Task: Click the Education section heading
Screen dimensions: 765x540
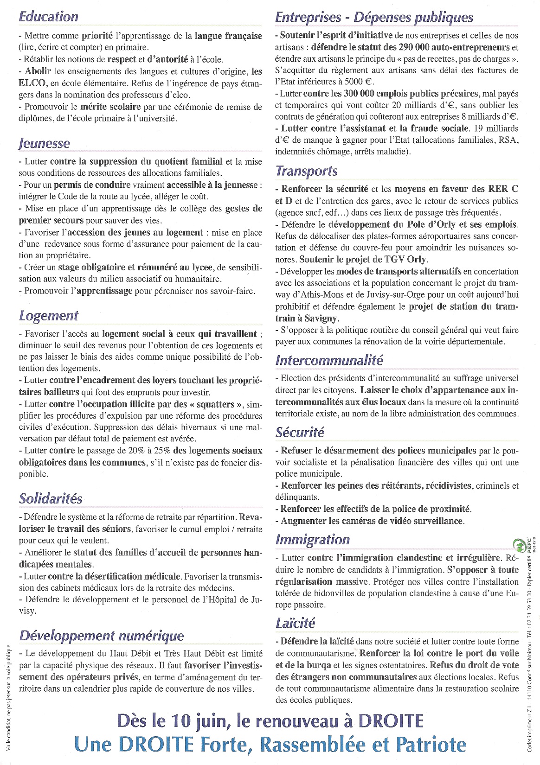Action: tap(48, 17)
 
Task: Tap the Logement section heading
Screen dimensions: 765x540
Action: tap(49, 316)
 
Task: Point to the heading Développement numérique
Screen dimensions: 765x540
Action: tap(101, 636)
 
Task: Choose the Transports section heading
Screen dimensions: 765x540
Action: tap(306, 171)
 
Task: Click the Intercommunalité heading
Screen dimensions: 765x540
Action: tap(329, 360)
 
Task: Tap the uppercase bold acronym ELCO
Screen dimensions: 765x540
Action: tap(32, 83)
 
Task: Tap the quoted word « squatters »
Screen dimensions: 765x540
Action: tap(217, 404)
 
